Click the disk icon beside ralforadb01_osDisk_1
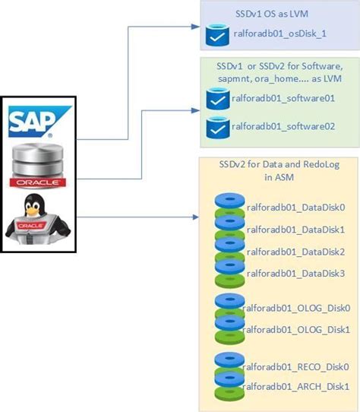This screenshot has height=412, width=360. point(216,36)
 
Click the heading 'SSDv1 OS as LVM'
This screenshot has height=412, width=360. point(273,14)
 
